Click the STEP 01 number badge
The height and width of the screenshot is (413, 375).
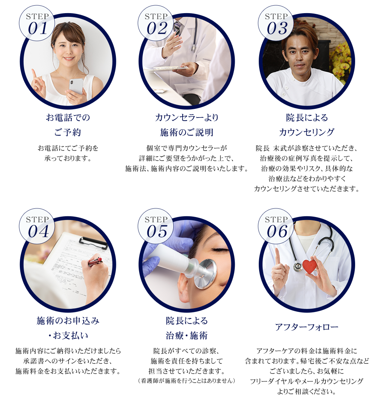pos(37,23)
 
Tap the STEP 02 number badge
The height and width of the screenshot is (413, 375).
pos(156,23)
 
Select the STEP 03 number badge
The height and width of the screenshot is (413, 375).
pos(276,23)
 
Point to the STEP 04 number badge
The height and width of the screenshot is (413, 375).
pos(37,226)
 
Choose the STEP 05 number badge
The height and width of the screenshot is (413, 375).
pos(156,226)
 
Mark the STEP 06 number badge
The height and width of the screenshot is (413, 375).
pos(276,226)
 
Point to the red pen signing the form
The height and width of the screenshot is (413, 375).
pos(95,262)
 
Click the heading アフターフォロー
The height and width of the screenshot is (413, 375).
pos(307,327)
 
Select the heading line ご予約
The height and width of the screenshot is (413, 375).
pos(67,132)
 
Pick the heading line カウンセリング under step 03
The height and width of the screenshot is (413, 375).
pos(307,132)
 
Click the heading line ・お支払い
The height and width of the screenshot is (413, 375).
pos(68,336)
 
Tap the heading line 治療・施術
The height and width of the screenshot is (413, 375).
pos(187,336)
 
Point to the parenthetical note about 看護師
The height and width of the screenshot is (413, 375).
pos(187,381)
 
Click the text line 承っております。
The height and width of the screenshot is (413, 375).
pos(68,158)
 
